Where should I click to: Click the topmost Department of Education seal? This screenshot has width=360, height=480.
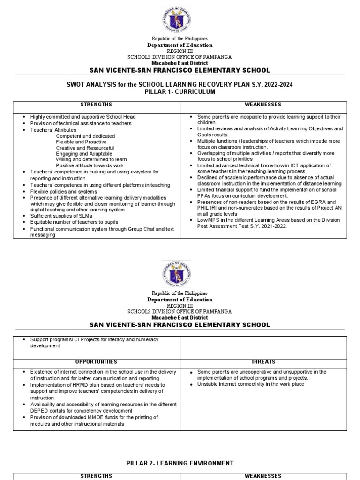(176, 21)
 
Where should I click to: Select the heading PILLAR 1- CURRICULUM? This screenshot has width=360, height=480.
(180, 92)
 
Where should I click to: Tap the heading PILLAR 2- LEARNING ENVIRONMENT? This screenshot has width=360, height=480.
(180, 463)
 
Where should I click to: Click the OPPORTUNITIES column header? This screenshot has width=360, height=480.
(96, 362)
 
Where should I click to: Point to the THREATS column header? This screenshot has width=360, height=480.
(264, 362)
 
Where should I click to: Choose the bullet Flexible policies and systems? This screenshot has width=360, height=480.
(64, 192)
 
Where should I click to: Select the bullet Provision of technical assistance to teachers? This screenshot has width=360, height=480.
(81, 123)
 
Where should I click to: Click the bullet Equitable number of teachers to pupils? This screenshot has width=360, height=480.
(74, 222)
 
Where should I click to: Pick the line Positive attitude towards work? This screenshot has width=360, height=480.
(90, 165)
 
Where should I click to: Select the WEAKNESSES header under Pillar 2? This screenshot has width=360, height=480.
(264, 476)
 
